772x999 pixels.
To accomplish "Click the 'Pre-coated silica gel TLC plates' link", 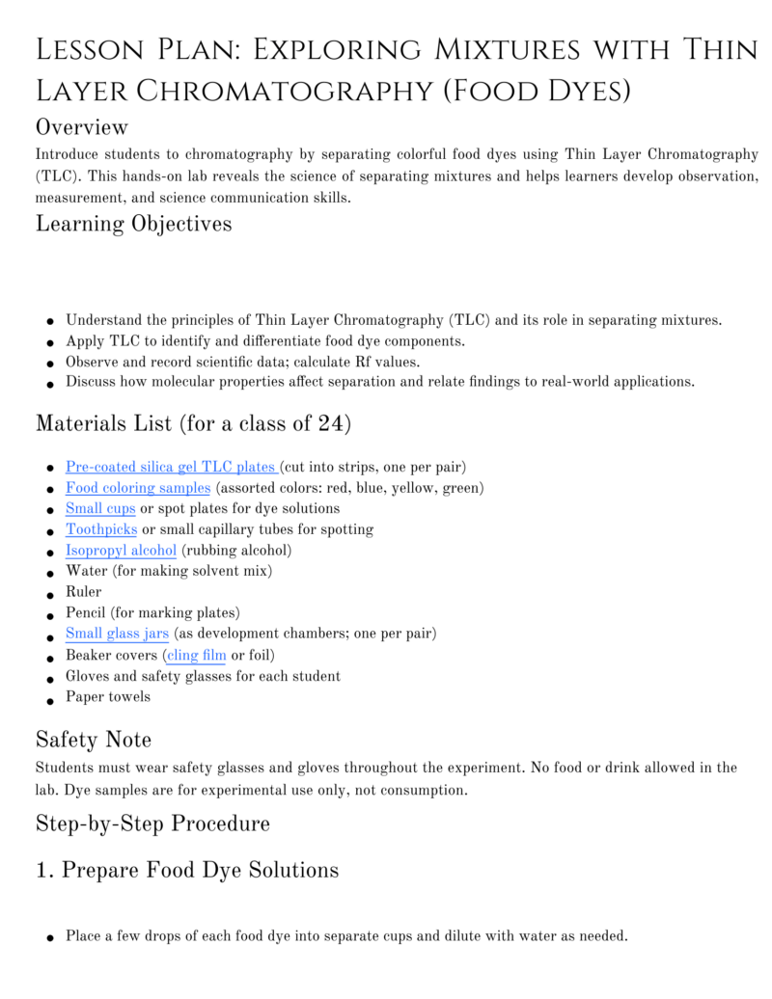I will (172, 467).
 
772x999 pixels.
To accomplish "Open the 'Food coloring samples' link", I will (138, 488).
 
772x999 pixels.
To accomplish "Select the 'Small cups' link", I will (100, 508).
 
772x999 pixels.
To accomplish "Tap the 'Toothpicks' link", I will (101, 529).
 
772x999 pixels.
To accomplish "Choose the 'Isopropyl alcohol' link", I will (121, 551).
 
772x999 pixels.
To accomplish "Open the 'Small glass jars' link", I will (117, 634).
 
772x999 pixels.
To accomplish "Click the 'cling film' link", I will (197, 655).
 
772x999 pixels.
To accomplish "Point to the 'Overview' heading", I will (82, 127).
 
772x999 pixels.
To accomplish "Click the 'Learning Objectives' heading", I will (133, 224).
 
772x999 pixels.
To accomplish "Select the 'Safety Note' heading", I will (94, 740).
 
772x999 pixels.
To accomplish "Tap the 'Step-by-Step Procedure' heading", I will (152, 823).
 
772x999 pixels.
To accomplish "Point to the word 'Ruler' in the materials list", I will (83, 592).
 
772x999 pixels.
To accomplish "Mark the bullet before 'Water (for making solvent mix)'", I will (49, 573).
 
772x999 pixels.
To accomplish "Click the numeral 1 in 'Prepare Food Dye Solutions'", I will (42, 871).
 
